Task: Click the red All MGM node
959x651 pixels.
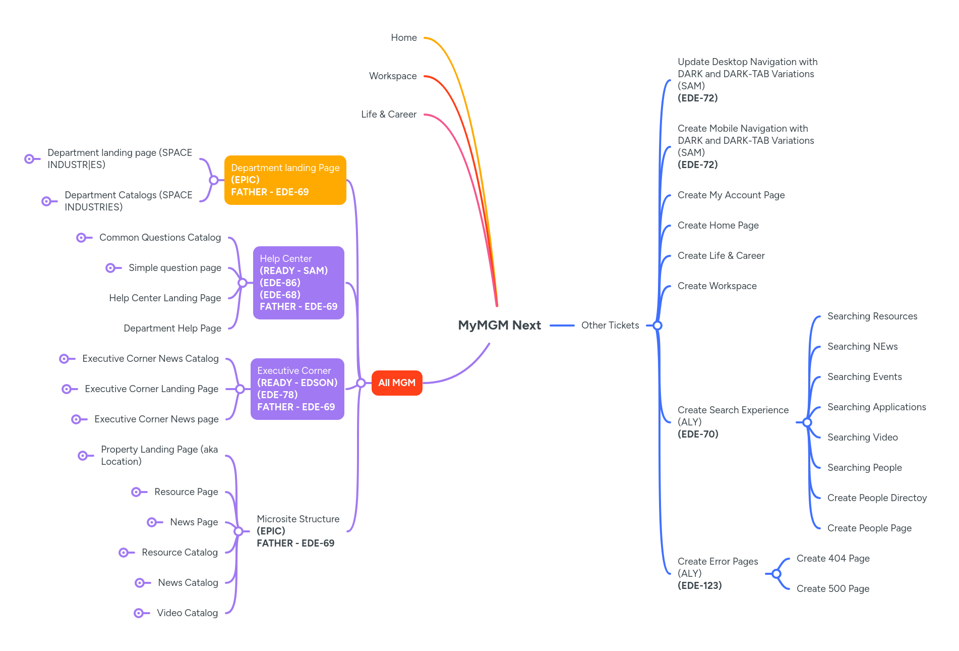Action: (x=397, y=383)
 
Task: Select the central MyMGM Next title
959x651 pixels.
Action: (x=499, y=325)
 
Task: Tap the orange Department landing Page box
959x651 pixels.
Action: (x=285, y=180)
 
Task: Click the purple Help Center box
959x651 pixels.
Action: (x=298, y=283)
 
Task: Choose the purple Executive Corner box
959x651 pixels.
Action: (x=297, y=389)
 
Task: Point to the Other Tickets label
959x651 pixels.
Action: (x=610, y=325)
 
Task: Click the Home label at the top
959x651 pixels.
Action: (x=404, y=38)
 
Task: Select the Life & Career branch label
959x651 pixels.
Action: (x=389, y=115)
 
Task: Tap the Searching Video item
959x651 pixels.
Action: (x=862, y=438)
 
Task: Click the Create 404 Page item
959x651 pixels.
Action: (x=833, y=559)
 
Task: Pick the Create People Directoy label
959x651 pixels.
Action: (x=877, y=498)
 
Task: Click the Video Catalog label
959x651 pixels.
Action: (x=187, y=613)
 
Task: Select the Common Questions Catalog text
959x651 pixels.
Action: (x=160, y=238)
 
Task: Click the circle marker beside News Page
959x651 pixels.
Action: (x=152, y=522)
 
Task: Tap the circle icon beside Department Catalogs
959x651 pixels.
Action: (x=46, y=201)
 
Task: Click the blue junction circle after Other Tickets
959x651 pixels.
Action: (x=657, y=325)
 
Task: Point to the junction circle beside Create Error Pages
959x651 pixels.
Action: (x=776, y=574)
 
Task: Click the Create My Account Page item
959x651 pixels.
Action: (x=731, y=195)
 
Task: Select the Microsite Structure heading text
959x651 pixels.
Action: (x=298, y=519)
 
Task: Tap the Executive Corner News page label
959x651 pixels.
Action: (x=156, y=419)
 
